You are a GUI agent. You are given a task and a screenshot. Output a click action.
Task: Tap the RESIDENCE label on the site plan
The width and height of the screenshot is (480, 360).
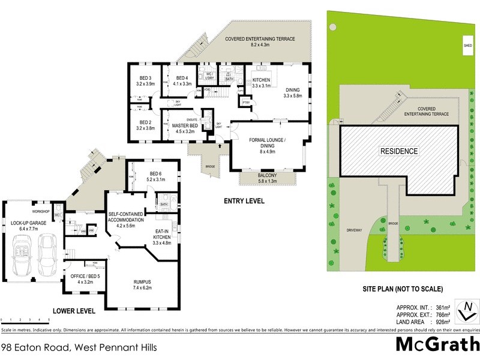[x=398, y=151]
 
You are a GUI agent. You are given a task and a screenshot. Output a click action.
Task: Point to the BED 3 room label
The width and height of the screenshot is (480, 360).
[x=145, y=81]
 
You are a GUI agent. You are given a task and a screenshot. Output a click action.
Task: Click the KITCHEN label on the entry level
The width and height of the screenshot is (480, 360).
[x=262, y=83]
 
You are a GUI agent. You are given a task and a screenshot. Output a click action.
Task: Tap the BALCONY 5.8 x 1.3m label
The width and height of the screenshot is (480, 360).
[x=268, y=179]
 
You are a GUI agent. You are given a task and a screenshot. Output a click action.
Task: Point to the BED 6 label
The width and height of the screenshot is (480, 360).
[x=156, y=176]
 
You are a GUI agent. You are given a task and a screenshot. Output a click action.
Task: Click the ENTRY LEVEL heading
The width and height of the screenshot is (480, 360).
[x=244, y=201]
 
